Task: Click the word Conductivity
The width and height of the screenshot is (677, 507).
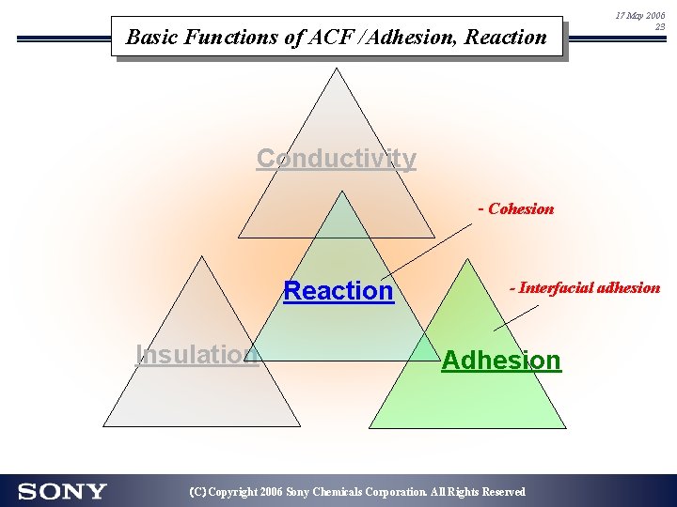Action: click(336, 159)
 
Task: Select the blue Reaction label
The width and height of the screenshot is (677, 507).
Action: click(338, 291)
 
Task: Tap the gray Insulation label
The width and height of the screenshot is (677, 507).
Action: click(197, 354)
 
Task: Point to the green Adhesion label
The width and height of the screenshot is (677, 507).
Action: click(501, 361)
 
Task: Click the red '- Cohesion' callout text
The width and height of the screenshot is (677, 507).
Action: click(516, 208)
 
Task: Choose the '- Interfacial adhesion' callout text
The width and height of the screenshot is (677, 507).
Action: click(585, 287)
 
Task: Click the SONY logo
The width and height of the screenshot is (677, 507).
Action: click(62, 491)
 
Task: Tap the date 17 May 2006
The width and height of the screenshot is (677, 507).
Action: click(639, 16)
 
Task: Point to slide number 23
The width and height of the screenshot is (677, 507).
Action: click(660, 28)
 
